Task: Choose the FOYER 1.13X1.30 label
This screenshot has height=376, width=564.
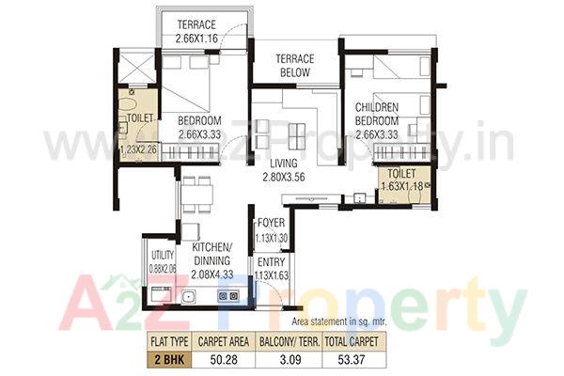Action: click(273, 231)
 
